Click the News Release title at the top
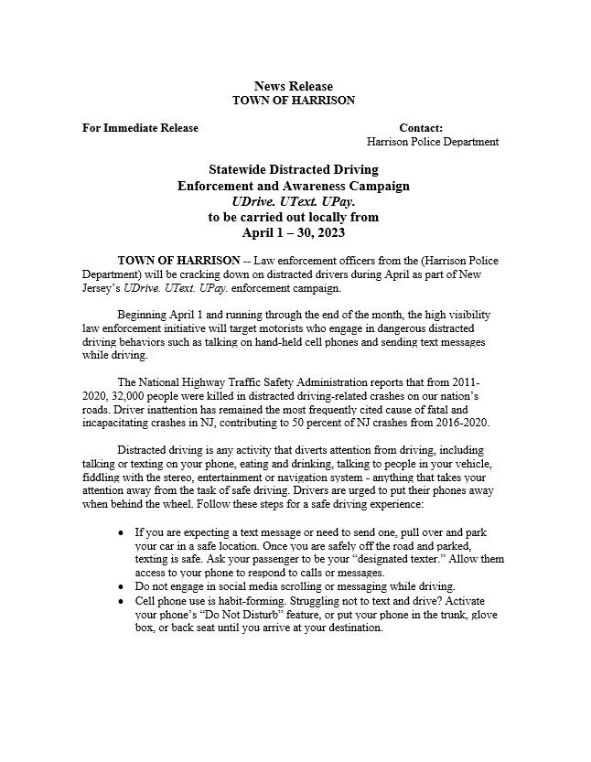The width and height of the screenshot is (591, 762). pyautogui.click(x=293, y=86)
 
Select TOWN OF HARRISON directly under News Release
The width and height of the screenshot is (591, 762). pyautogui.click(x=293, y=100)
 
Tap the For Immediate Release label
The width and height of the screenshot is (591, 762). pyautogui.click(x=140, y=128)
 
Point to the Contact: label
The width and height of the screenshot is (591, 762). pyautogui.click(x=421, y=128)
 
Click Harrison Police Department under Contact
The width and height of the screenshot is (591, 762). pyautogui.click(x=433, y=142)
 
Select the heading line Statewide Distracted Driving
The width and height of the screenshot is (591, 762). pyautogui.click(x=293, y=170)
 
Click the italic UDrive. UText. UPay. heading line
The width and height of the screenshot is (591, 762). pyautogui.click(x=293, y=201)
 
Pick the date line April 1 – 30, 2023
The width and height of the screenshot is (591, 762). pyautogui.click(x=293, y=232)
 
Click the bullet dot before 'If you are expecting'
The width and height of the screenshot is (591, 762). pyautogui.click(x=123, y=531)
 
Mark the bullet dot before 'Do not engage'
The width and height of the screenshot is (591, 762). pyautogui.click(x=123, y=586)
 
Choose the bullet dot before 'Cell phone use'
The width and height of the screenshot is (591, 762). pyautogui.click(x=123, y=601)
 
